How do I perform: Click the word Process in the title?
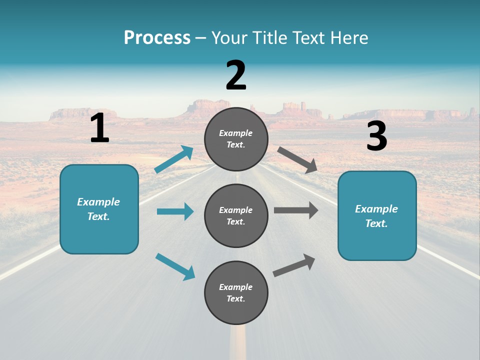(157, 38)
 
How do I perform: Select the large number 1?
(99, 128)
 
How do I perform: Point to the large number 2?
(236, 75)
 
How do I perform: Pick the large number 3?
(376, 136)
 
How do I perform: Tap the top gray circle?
(236, 139)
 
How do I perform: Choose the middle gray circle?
(236, 215)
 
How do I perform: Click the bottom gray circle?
(236, 292)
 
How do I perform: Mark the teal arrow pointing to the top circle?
(174, 159)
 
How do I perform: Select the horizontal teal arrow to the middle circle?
(175, 211)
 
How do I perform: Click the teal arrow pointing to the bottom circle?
(175, 266)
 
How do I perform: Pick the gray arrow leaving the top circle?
(297, 159)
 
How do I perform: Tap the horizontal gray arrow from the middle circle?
(296, 210)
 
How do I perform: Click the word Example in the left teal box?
(98, 202)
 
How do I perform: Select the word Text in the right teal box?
(375, 223)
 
